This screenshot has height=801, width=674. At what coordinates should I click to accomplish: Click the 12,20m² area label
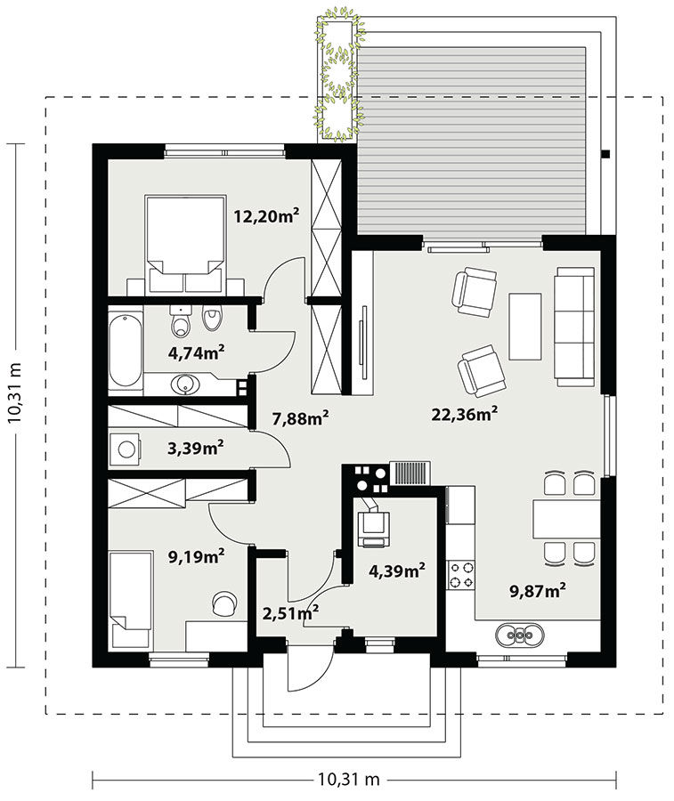[x=266, y=216]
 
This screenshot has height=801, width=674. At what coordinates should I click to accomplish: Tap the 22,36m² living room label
[x=465, y=414]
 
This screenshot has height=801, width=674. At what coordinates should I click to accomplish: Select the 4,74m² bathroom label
[x=197, y=352]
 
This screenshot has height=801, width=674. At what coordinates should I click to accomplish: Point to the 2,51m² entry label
[x=291, y=612]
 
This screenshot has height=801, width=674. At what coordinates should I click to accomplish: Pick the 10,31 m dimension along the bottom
[x=349, y=780]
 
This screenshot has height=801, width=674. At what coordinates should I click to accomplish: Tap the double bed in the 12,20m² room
[x=185, y=244]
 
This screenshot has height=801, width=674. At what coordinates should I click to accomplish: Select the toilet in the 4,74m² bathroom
[x=180, y=322]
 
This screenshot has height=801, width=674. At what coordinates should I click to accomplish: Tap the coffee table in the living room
[x=524, y=327]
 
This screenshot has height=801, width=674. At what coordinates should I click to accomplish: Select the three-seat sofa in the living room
[x=575, y=327]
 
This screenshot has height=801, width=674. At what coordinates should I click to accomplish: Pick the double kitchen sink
[x=520, y=635]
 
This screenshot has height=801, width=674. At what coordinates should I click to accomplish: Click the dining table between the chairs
[x=566, y=520]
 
